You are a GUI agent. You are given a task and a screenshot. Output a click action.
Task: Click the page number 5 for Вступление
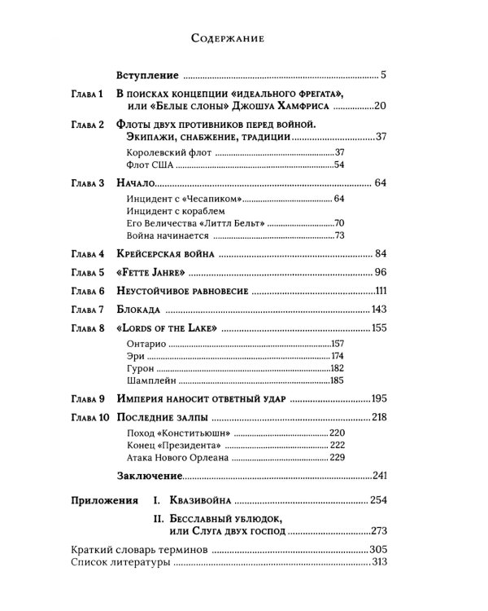[x=382, y=76]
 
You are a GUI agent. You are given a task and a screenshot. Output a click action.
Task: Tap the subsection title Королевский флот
[x=158, y=152]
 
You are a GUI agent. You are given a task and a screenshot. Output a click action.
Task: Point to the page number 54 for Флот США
[x=339, y=165]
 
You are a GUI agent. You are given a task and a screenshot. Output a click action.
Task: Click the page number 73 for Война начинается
[x=339, y=235]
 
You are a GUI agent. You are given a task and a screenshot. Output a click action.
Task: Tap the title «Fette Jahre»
[x=146, y=272]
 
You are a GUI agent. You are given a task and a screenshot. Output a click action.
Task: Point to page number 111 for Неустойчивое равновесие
[x=377, y=291]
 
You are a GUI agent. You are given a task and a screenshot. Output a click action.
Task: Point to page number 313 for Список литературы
[x=377, y=563]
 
